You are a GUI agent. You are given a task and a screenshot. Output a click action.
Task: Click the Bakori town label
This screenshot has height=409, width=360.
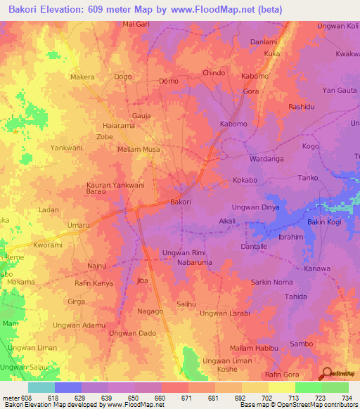(181, 202)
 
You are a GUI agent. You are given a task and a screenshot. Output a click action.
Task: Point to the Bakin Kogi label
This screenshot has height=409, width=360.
(324, 223)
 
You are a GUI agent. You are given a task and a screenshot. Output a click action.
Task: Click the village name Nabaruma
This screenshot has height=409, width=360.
(195, 262)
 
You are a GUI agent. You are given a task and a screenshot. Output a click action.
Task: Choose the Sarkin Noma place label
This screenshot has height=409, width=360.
(273, 282)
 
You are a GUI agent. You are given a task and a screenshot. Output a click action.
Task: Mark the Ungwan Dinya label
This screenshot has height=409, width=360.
(256, 207)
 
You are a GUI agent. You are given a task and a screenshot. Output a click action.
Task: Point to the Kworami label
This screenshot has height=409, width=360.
(49, 246)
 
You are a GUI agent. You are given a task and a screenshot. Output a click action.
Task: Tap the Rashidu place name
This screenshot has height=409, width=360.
(301, 106)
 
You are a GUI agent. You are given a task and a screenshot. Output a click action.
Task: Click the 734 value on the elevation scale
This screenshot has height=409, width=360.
(347, 398)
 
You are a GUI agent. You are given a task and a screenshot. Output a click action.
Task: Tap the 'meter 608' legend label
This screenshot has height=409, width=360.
(17, 398)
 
